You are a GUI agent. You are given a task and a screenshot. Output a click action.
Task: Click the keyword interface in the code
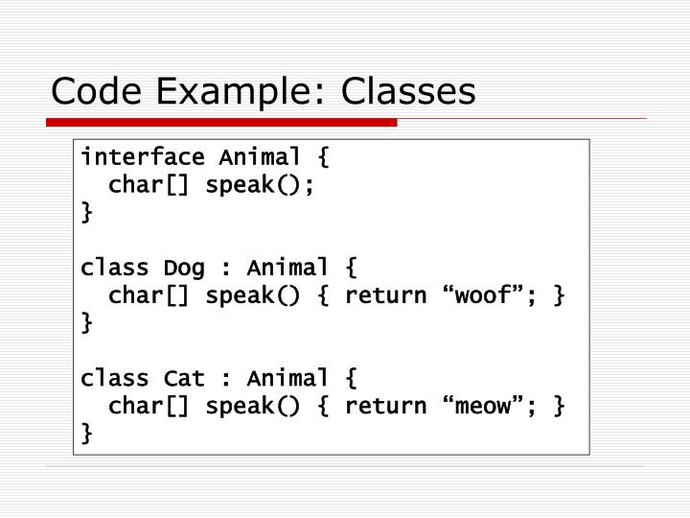click(143, 156)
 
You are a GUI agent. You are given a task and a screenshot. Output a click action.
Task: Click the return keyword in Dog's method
click(385, 294)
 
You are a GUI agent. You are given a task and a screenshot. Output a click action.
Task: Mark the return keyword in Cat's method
click(385, 406)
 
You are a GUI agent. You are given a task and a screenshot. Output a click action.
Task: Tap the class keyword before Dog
click(115, 267)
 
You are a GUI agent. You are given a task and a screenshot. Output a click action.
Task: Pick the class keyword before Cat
click(115, 378)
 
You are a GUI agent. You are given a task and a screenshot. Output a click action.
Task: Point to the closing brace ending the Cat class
click(88, 434)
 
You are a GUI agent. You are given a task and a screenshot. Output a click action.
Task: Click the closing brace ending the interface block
click(88, 212)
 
